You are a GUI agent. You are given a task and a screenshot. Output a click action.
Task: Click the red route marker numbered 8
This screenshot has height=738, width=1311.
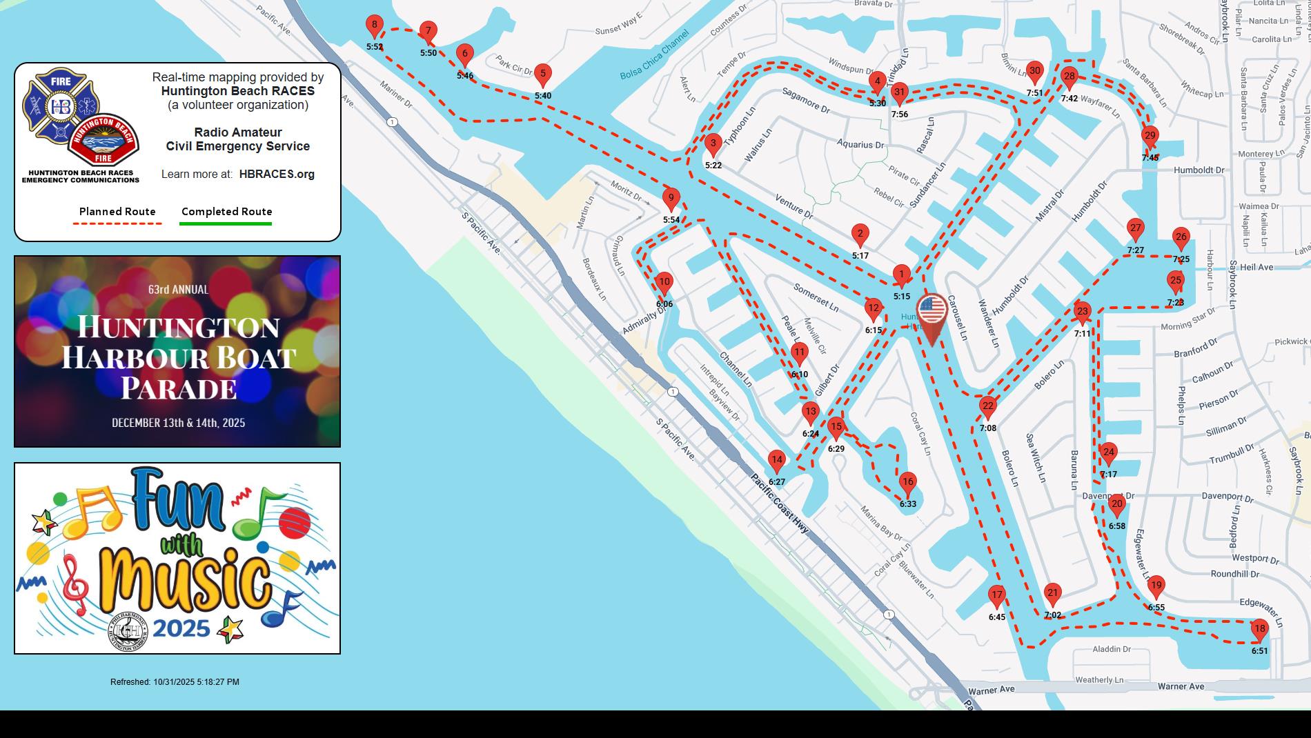pyautogui.click(x=374, y=26)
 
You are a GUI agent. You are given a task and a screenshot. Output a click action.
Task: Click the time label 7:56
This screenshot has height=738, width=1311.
pyautogui.click(x=899, y=114)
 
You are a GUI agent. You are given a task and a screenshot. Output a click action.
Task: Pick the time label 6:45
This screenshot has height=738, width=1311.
pyautogui.click(x=996, y=617)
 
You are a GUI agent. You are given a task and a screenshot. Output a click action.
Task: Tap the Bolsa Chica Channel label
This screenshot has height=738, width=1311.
pyautogui.click(x=654, y=54)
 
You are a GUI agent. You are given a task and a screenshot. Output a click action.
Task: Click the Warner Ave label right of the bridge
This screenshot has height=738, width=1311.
pyautogui.click(x=1181, y=686)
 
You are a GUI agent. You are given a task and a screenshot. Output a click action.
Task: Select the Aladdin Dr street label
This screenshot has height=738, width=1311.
pyautogui.click(x=1112, y=649)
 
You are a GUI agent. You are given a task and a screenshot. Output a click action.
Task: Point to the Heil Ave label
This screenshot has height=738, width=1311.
pyautogui.click(x=1256, y=267)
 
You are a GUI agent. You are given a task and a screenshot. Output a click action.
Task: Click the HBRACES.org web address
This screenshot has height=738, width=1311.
pyautogui.click(x=277, y=174)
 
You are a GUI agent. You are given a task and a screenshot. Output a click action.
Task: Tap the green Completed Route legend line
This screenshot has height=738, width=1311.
pyautogui.click(x=226, y=223)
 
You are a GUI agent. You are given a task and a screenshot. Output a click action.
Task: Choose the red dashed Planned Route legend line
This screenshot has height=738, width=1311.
pyautogui.click(x=117, y=223)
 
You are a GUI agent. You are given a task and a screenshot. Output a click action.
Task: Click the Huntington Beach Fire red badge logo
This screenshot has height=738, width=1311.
pyautogui.click(x=103, y=141)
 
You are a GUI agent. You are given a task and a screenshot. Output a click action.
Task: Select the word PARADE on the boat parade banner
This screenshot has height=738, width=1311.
pyautogui.click(x=179, y=388)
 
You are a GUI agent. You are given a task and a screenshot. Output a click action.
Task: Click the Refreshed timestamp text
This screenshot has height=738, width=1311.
pyautogui.click(x=175, y=682)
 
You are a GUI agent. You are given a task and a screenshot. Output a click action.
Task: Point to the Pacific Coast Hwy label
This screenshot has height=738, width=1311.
pyautogui.click(x=780, y=503)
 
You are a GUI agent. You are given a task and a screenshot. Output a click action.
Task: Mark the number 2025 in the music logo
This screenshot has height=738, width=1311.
pyautogui.click(x=181, y=628)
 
